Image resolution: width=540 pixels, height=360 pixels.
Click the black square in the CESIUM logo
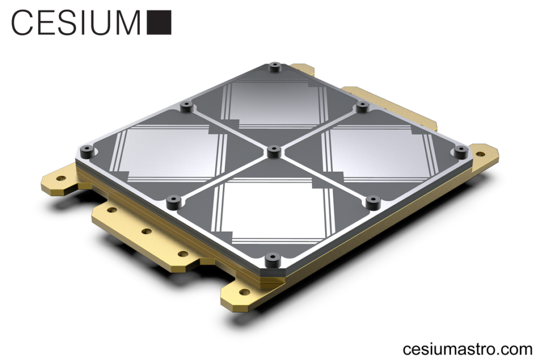[x=159, y=22]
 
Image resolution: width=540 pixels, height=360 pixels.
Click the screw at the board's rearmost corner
[x=275, y=67]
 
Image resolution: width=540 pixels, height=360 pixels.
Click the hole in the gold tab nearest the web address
[x=245, y=292]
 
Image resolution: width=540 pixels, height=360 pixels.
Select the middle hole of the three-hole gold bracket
[x=146, y=232]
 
